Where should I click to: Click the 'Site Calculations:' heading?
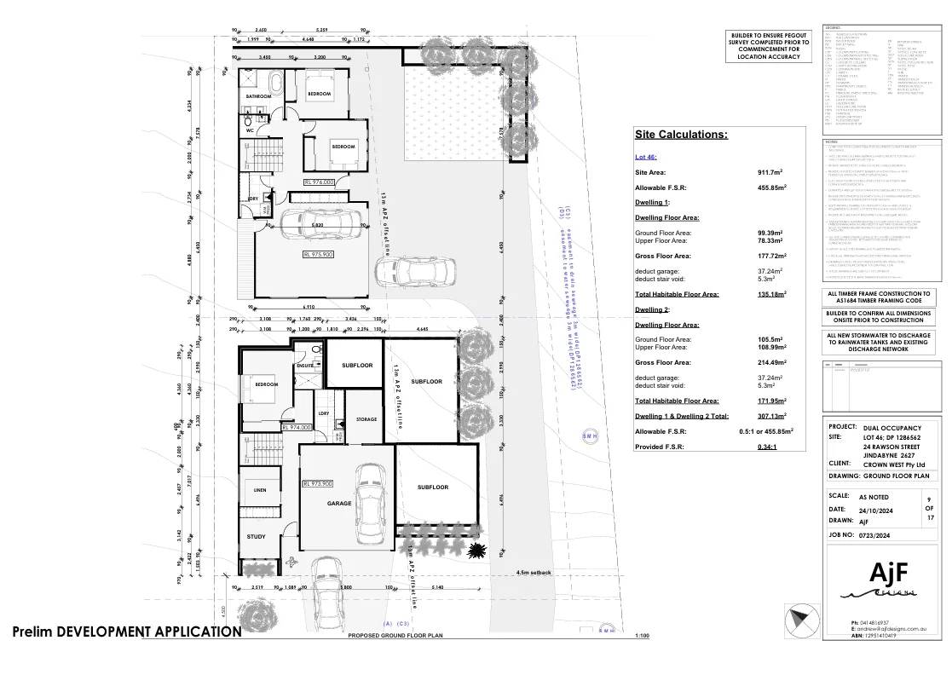(681, 135)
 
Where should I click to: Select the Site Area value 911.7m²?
(771, 172)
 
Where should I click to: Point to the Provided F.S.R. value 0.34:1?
(770, 446)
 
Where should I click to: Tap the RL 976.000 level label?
(319, 182)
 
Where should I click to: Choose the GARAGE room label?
(339, 504)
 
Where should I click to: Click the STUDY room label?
(256, 537)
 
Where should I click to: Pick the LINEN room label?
(260, 490)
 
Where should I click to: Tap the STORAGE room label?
(366, 419)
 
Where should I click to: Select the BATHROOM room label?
(258, 97)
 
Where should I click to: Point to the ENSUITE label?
(305, 366)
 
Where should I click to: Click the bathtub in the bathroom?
(277, 84)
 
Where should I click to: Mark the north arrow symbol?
(799, 617)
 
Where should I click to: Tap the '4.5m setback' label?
(534, 573)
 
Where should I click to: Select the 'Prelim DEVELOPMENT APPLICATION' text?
(127, 632)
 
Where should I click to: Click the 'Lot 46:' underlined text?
(646, 157)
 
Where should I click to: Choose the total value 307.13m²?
(771, 417)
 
